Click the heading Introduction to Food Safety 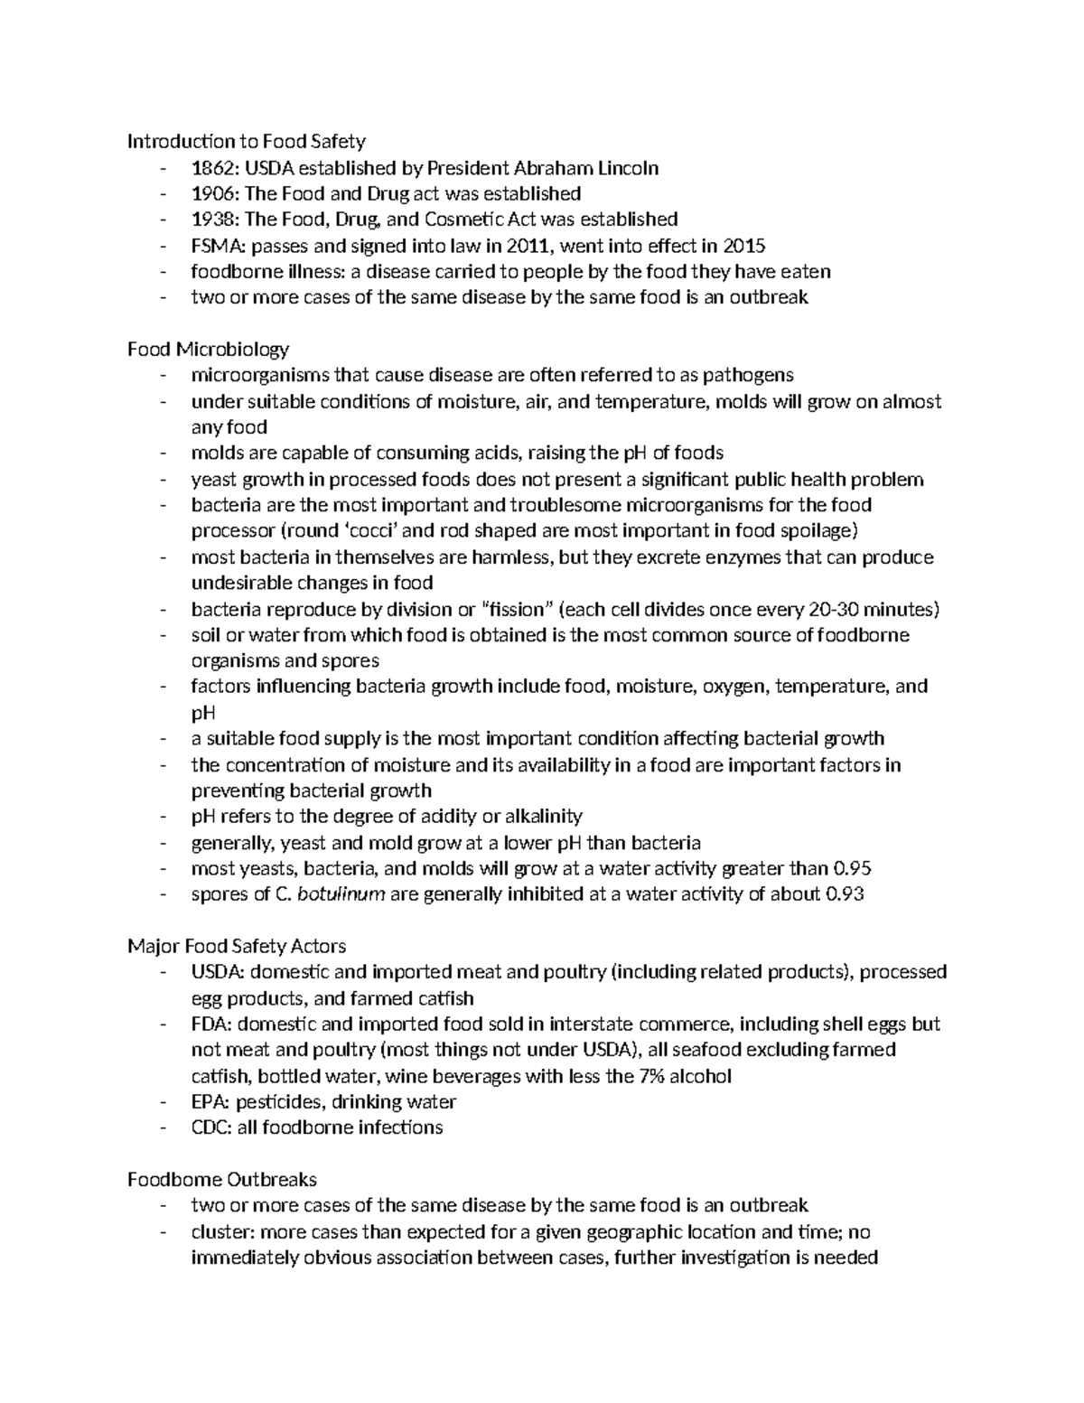tap(246, 141)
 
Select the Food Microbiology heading tap(208, 349)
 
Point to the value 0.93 tap(845, 895)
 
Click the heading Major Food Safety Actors tap(237, 947)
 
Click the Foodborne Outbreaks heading tap(222, 1180)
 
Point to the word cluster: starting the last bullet tap(220, 1232)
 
